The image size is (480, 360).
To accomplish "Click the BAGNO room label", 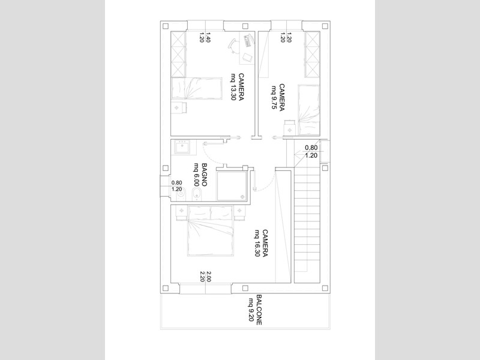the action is [205, 175].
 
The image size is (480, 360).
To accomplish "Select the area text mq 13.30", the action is [234, 92].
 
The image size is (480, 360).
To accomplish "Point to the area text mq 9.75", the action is [274, 97].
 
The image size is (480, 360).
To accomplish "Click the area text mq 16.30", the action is [257, 243].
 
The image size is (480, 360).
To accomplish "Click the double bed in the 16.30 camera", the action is [211, 231].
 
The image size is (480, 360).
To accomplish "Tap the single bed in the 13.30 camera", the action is [196, 88].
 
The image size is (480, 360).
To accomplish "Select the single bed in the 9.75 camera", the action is [309, 110].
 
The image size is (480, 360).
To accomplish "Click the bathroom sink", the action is [182, 147].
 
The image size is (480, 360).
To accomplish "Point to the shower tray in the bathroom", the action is [232, 186].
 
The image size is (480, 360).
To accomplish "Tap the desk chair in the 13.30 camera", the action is [233, 46].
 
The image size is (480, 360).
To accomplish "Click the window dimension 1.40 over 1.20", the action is [205, 37].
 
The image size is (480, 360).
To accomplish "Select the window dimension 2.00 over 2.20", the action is [205, 277].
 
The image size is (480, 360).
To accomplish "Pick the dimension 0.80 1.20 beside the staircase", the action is [311, 152].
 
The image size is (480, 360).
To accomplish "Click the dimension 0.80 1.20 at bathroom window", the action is [177, 186].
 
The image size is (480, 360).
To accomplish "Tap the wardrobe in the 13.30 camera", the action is [178, 54].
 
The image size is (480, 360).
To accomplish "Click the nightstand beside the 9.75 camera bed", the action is [290, 127].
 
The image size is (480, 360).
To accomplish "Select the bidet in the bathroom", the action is [196, 194].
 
